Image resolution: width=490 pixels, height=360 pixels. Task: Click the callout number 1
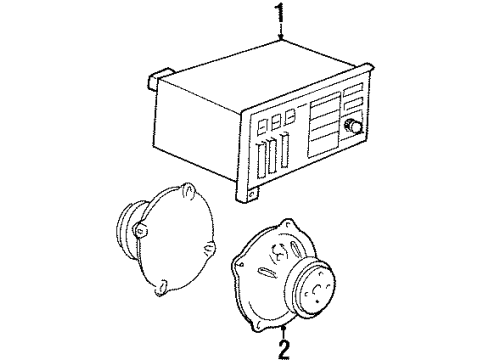click(280, 14)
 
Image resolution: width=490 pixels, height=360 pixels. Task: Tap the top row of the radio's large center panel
click(322, 104)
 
